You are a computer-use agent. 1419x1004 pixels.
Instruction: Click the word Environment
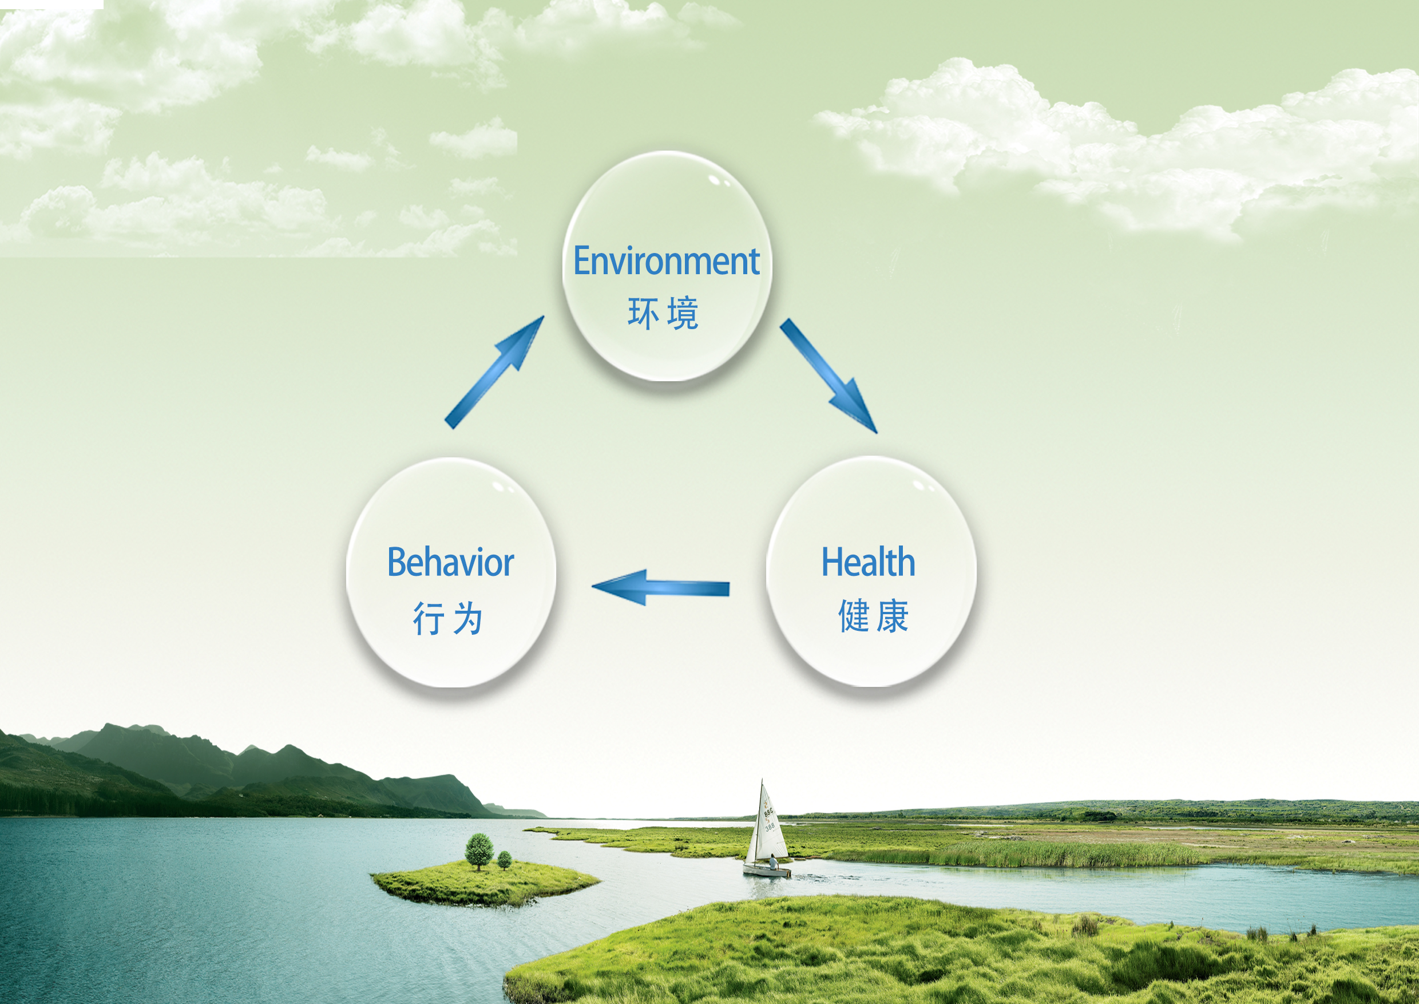coord(666,261)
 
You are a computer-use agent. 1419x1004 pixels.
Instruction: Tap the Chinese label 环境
coord(663,314)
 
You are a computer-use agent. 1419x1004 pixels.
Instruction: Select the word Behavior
coord(450,563)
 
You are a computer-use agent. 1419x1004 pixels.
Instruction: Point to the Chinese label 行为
coord(447,618)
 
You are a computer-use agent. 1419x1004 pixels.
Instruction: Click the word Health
coord(868,562)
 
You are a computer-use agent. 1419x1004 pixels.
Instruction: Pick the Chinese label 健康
coord(873,616)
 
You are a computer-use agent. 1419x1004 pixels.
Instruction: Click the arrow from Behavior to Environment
coord(494,372)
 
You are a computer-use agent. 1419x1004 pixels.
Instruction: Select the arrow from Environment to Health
coord(828,375)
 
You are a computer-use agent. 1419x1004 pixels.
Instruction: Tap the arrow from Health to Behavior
coord(661,587)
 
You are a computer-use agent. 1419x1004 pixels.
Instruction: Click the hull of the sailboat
coord(767,871)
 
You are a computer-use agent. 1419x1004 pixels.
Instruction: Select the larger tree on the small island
coord(479,851)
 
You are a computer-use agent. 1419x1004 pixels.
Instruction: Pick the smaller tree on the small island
coord(504,860)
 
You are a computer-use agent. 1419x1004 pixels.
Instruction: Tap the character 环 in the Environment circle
coord(643,314)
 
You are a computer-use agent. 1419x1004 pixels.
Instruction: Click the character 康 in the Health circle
coord(893,616)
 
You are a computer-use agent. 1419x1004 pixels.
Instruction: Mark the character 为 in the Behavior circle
coord(467,618)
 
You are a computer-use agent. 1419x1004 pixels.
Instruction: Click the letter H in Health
coord(832,562)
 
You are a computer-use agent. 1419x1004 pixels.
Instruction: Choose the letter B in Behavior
coord(398,563)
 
